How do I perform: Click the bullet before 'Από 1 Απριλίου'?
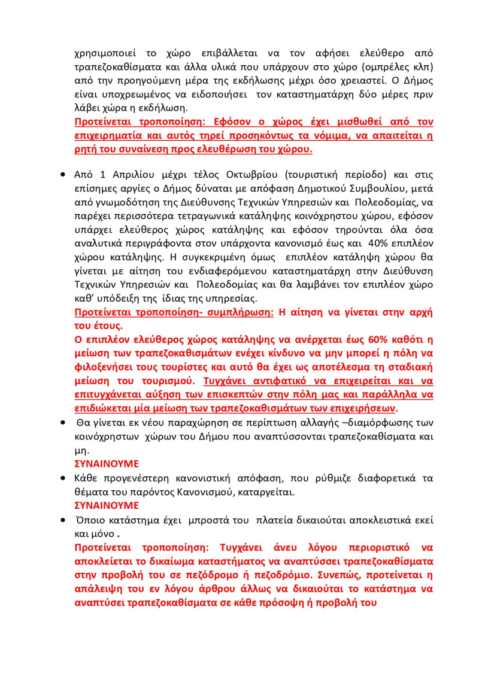tap(63, 175)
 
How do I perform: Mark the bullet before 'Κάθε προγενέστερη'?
tap(63, 479)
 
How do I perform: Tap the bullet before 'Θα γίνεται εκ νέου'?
tap(63, 423)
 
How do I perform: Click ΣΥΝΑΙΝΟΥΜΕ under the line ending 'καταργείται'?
tap(107, 505)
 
